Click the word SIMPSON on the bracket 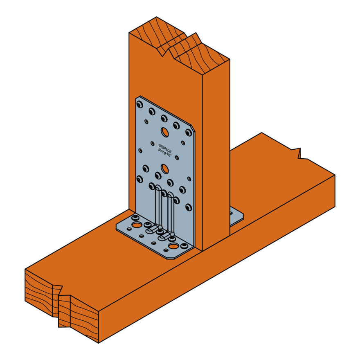pyautogui.click(x=166, y=146)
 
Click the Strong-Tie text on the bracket pyautogui.click(x=164, y=152)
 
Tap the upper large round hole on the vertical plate pyautogui.click(x=164, y=132)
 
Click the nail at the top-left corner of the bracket pyautogui.click(x=139, y=105)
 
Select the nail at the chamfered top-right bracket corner pyautogui.click(x=189, y=133)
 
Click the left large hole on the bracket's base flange pyautogui.click(x=137, y=225)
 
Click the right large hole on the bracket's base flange pyautogui.click(x=174, y=246)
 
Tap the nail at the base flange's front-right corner pyautogui.click(x=184, y=246)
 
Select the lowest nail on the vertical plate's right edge pyautogui.click(x=189, y=208)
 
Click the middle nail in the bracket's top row pyautogui.click(x=164, y=119)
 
